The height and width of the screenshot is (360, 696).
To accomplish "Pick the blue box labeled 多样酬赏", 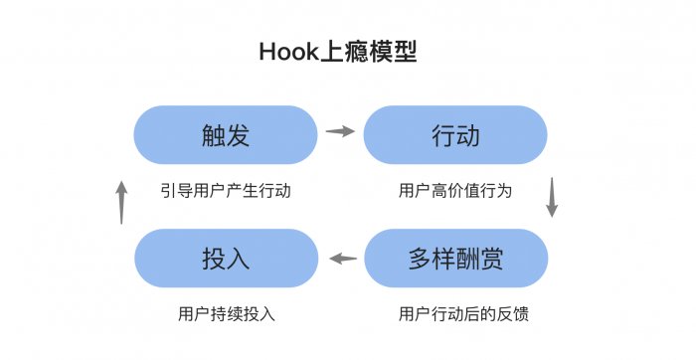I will point(455,259).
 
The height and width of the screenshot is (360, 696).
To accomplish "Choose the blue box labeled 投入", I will point(226,259).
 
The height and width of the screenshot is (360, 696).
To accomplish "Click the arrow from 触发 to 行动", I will point(341,131).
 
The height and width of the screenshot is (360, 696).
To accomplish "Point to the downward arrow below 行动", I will point(552,198).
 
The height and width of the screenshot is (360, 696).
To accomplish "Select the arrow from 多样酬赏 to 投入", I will point(342,259).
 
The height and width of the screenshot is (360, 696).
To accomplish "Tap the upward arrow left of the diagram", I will point(121,202).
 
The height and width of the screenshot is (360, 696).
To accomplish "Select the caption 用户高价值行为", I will point(455,190).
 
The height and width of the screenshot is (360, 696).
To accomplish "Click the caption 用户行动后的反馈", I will point(462,313).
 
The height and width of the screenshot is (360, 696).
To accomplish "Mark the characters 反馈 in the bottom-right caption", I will point(514,313).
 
